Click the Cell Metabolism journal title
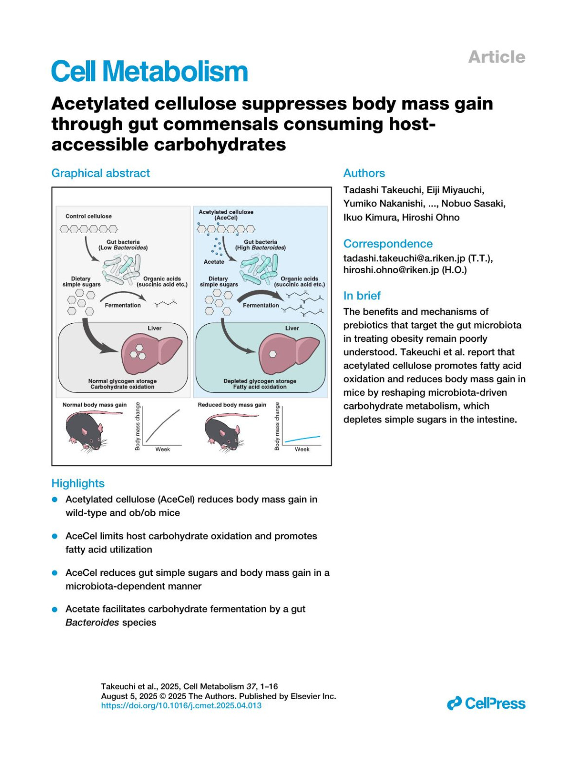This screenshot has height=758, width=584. pyautogui.click(x=149, y=72)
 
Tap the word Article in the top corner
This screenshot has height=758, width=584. pyautogui.click(x=496, y=57)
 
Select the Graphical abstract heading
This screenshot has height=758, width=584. pyautogui.click(x=101, y=173)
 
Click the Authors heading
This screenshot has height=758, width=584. pyautogui.click(x=364, y=173)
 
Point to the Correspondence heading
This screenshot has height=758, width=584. pyautogui.click(x=388, y=244)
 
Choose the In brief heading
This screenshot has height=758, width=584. pyautogui.click(x=362, y=296)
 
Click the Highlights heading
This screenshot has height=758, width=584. pyautogui.click(x=78, y=483)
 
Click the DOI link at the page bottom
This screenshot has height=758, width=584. pyautogui.click(x=181, y=705)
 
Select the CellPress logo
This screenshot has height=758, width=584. pyautogui.click(x=486, y=703)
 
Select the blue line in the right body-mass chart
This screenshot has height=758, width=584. pyautogui.click(x=303, y=439)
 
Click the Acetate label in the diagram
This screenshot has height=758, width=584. pyautogui.click(x=214, y=262)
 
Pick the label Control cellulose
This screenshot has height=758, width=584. pyautogui.click(x=89, y=216)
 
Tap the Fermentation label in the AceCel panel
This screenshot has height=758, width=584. pyautogui.click(x=261, y=305)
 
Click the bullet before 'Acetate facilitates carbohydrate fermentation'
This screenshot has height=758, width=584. pyautogui.click(x=55, y=609)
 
